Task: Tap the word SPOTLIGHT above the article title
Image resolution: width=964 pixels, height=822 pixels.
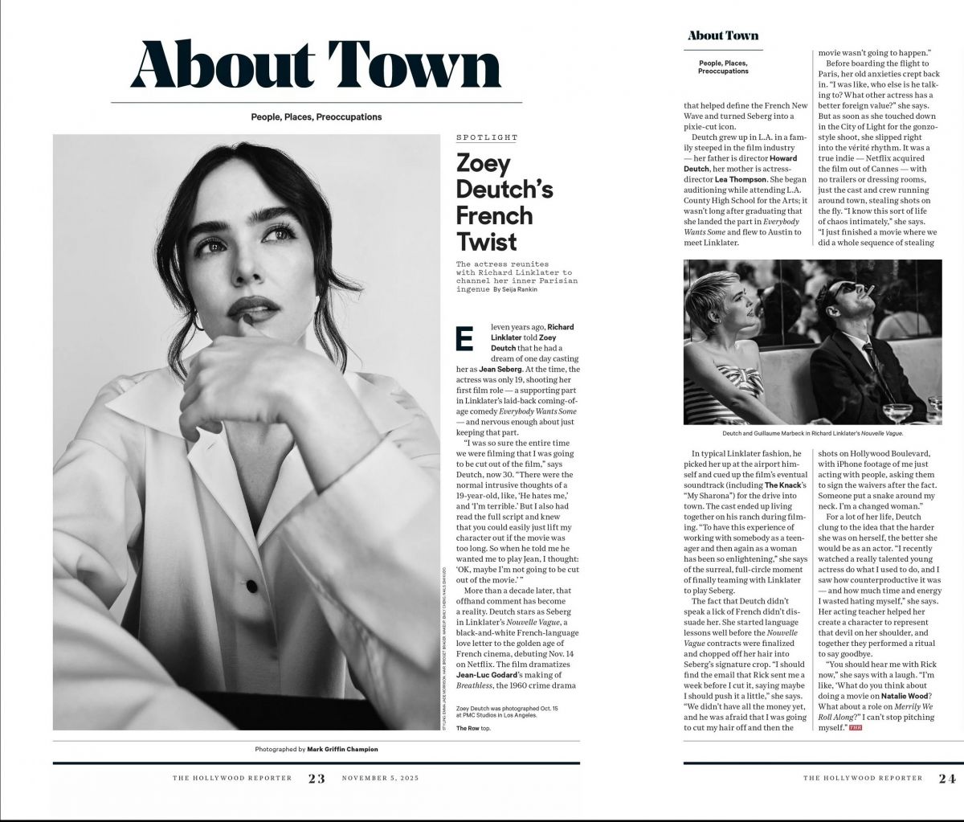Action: [x=487, y=138]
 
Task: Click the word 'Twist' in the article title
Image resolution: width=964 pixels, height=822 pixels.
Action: [x=486, y=241]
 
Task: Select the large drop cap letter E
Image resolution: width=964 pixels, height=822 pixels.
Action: [x=464, y=338]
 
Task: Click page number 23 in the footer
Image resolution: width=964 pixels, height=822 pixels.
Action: [x=317, y=778]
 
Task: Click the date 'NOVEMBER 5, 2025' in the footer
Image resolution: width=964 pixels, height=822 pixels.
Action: [x=380, y=778]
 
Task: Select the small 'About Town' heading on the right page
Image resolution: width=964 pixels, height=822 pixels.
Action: [x=723, y=35]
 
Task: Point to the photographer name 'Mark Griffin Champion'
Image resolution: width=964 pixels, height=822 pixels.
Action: [x=342, y=749]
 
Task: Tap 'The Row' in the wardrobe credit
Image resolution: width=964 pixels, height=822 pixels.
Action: [x=468, y=728]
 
